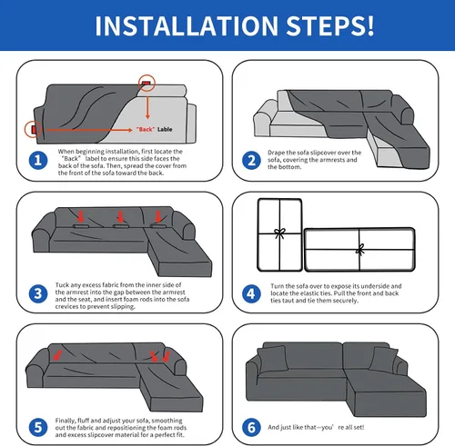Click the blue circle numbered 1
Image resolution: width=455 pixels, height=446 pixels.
(x=38, y=160)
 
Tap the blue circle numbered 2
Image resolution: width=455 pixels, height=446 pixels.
(x=251, y=160)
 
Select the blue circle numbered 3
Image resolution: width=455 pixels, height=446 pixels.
(x=38, y=293)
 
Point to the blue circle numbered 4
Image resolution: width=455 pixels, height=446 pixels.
(x=251, y=293)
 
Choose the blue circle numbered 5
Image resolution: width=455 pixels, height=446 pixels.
(x=38, y=428)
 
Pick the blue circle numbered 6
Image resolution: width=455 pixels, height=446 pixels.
(x=251, y=428)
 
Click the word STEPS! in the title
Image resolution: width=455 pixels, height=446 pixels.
(x=330, y=26)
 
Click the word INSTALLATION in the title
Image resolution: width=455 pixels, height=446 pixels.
(x=187, y=26)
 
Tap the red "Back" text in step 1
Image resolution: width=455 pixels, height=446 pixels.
(x=146, y=129)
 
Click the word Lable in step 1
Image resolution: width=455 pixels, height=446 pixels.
(x=165, y=129)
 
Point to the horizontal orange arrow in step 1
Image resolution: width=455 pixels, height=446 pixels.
(x=89, y=130)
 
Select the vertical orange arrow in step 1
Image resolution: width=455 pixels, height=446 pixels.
(x=147, y=107)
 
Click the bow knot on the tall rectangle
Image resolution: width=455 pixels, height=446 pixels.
(x=279, y=233)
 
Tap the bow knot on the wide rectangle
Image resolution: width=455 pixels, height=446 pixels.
(x=360, y=250)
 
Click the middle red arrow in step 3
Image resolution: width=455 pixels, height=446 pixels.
(x=121, y=217)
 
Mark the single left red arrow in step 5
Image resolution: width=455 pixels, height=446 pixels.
(x=57, y=355)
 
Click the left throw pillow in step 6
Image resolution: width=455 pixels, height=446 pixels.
(x=272, y=360)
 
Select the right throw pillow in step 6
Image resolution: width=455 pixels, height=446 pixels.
(x=383, y=361)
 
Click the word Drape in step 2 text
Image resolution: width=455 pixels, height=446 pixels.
(x=276, y=153)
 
